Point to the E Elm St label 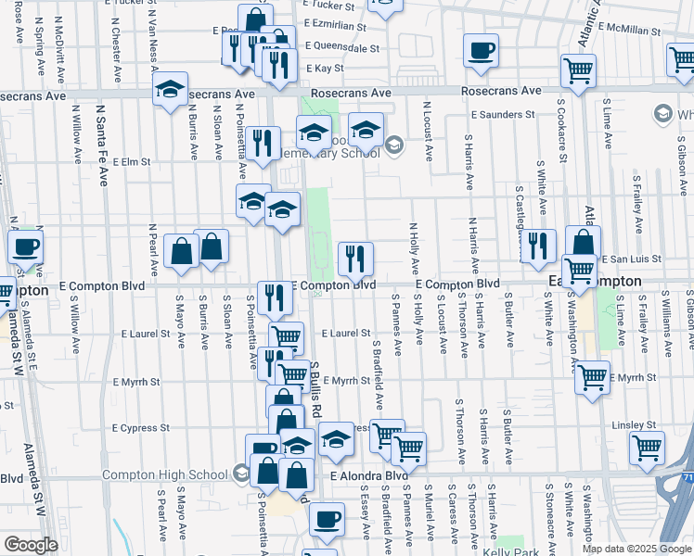(x=131, y=161)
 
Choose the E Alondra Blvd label (x=369, y=476)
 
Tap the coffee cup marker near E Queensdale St (x=481, y=51)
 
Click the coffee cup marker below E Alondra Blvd (x=325, y=520)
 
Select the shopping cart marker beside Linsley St (x=647, y=447)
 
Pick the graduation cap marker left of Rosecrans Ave (x=170, y=90)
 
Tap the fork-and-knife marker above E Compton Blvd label (x=355, y=259)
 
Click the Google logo (x=30, y=545)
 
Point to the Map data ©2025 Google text (x=636, y=549)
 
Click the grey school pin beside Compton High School (x=241, y=475)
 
